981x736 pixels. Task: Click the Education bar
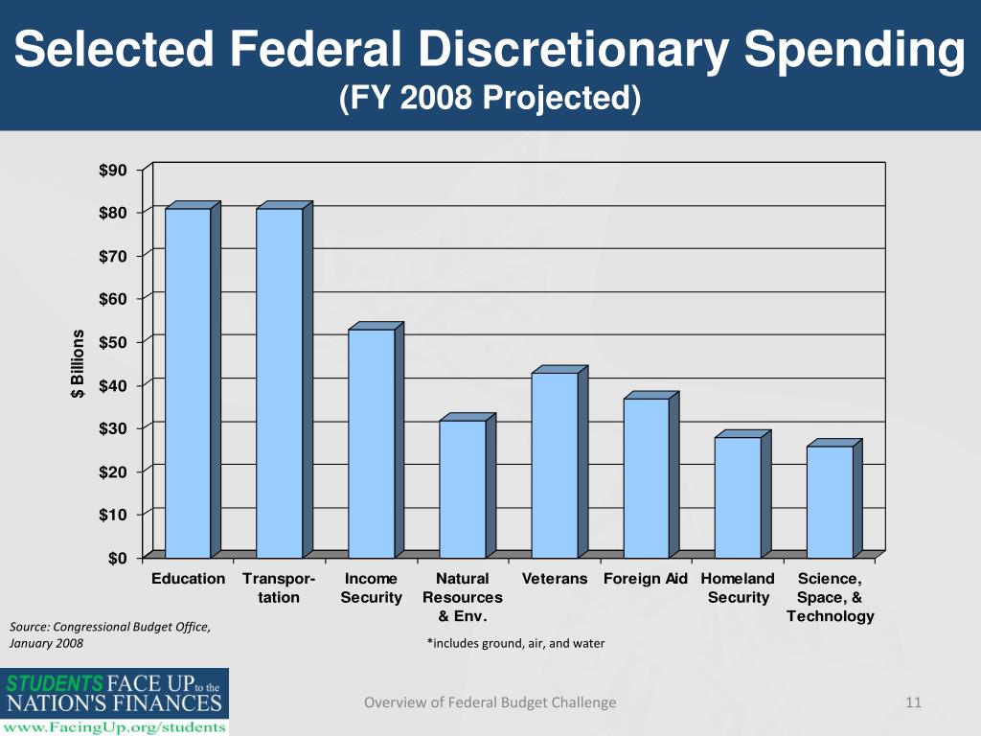(188, 382)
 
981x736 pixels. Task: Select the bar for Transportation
(280, 382)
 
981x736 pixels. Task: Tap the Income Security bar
(371, 443)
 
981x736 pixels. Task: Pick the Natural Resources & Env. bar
(463, 489)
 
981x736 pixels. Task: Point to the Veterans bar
(554, 465)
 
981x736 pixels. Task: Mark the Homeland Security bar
(738, 497)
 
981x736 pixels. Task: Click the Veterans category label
(555, 579)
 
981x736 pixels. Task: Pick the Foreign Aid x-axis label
(646, 579)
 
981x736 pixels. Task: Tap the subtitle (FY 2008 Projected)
(490, 98)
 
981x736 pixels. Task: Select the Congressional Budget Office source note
(108, 635)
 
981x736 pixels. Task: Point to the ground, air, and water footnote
(515, 643)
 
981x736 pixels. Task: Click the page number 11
(913, 702)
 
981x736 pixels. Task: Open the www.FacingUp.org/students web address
(115, 726)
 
